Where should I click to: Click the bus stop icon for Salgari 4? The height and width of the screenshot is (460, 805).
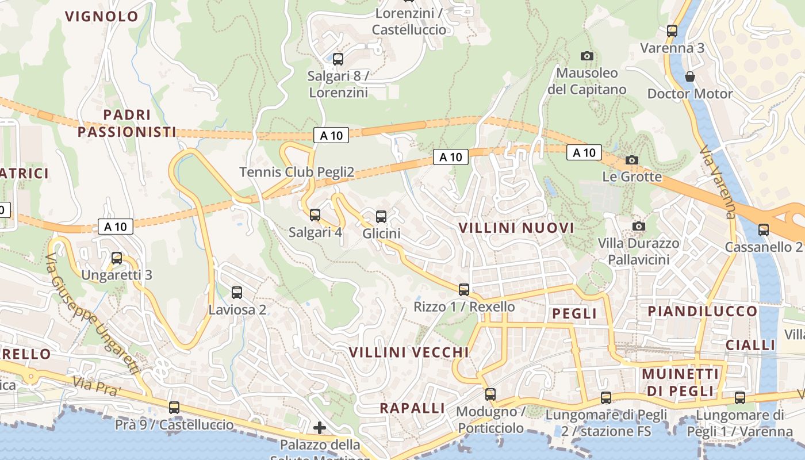click(315, 215)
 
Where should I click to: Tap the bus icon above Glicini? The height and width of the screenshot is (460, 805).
click(381, 216)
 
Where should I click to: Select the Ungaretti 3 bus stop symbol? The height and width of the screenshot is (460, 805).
click(117, 258)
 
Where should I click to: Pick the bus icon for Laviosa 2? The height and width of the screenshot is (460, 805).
click(236, 292)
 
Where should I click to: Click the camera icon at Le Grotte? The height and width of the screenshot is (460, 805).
click(632, 160)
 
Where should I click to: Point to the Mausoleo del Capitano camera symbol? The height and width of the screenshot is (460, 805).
click(586, 56)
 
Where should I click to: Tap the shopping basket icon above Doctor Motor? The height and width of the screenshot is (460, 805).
click(689, 76)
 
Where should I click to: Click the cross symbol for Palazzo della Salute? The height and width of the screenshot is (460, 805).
click(320, 428)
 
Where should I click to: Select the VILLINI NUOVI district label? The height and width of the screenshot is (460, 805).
click(516, 228)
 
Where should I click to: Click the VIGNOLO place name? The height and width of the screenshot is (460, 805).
click(102, 16)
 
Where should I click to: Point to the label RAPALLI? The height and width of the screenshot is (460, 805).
click(412, 408)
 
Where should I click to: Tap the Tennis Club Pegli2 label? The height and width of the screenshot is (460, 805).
click(296, 172)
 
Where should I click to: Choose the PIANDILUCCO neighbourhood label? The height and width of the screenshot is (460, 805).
click(703, 311)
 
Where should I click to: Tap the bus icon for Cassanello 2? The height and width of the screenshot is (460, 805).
click(764, 229)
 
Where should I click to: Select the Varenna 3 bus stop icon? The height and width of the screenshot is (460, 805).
click(672, 31)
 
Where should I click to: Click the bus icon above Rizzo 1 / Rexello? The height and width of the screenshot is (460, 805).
click(464, 289)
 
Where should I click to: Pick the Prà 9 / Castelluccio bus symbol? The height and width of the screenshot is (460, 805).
click(174, 408)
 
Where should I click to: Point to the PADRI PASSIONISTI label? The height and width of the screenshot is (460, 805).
click(127, 124)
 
